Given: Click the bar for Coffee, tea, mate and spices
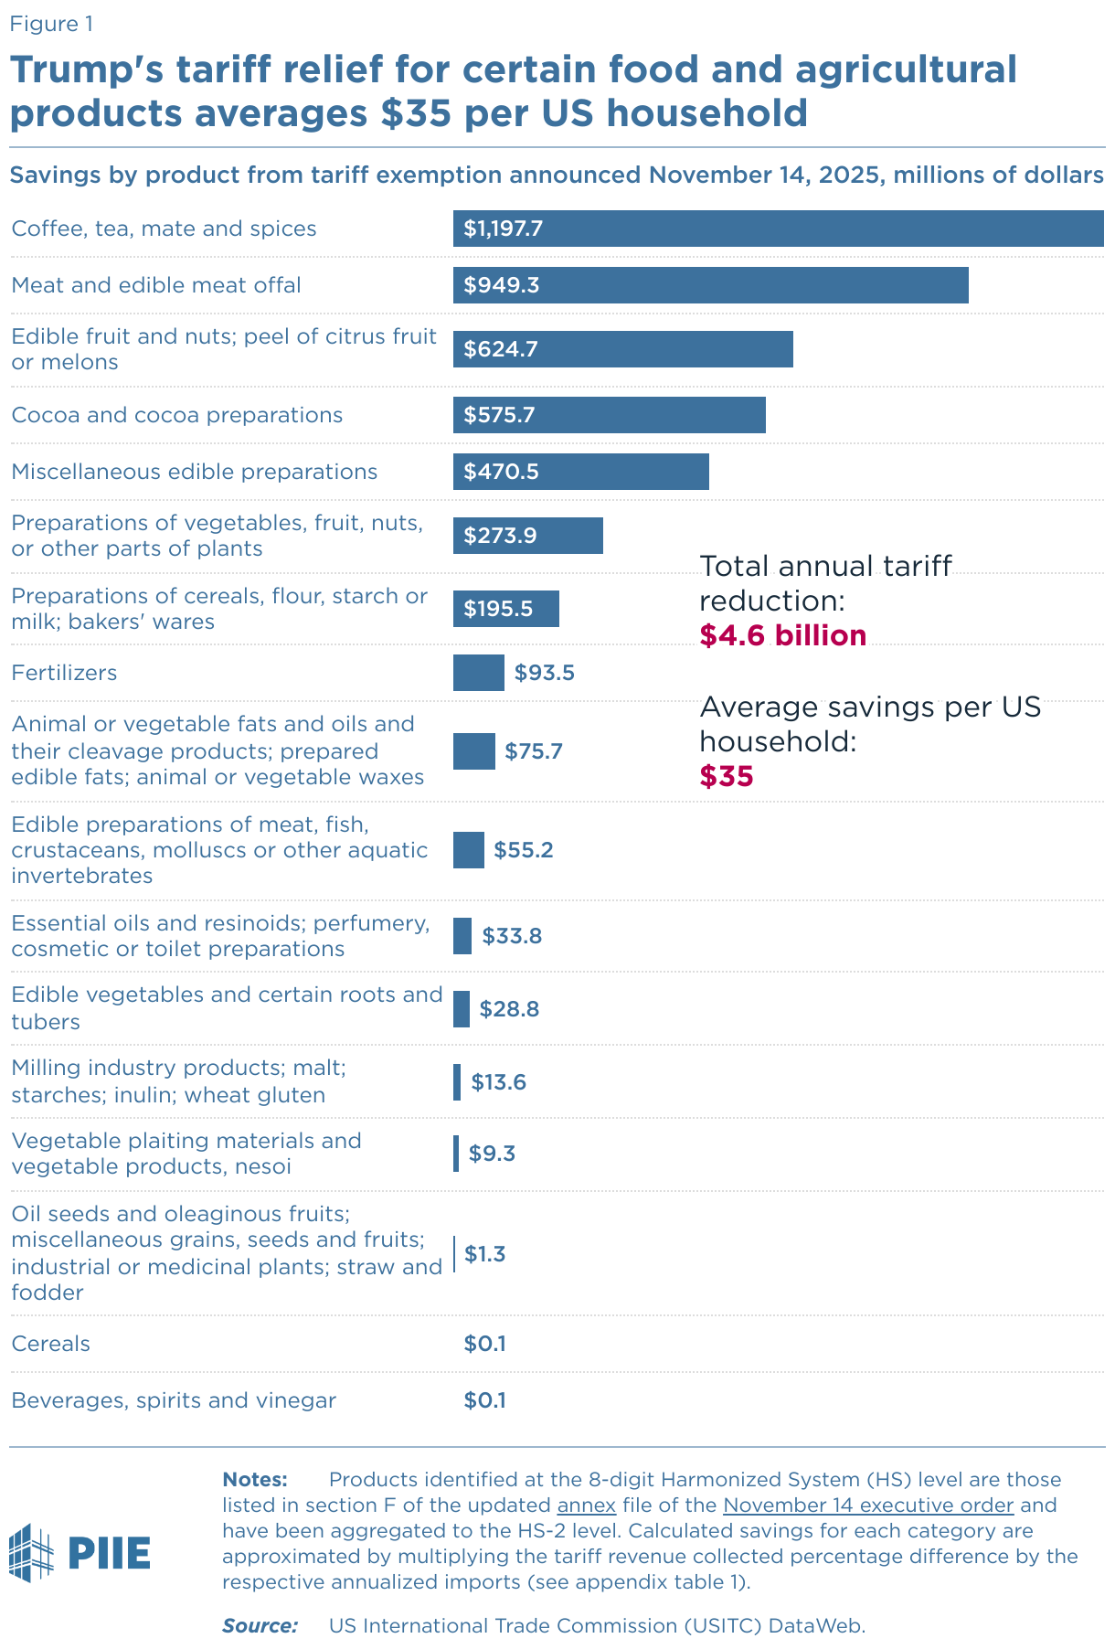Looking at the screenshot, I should [x=777, y=229].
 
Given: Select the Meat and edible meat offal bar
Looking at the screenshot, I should [x=710, y=285].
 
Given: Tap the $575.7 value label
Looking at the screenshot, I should [x=499, y=415].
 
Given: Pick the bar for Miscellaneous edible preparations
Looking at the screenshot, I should [x=580, y=472].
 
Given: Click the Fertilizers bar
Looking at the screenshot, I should [x=478, y=673].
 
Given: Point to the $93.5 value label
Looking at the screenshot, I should [x=545, y=673].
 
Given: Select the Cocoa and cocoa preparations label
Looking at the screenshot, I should [x=176, y=415].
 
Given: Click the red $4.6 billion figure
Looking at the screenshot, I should [x=783, y=635].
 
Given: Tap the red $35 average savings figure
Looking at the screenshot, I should [x=727, y=776].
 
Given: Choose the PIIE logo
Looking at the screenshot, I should [x=80, y=1552].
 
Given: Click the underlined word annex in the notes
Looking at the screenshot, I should [x=586, y=1505].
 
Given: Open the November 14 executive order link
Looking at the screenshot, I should [x=868, y=1505].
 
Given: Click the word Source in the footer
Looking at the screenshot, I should [x=260, y=1625].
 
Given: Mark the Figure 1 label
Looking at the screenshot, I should [x=51, y=24].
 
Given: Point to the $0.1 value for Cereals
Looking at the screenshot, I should [x=484, y=1344].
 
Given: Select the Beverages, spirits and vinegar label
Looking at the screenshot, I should [x=174, y=1400].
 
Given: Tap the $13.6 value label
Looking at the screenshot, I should [x=499, y=1082].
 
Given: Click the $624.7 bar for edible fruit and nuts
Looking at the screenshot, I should [x=622, y=349].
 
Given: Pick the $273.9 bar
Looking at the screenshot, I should [x=527, y=536].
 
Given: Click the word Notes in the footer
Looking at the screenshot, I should [x=255, y=1479].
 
